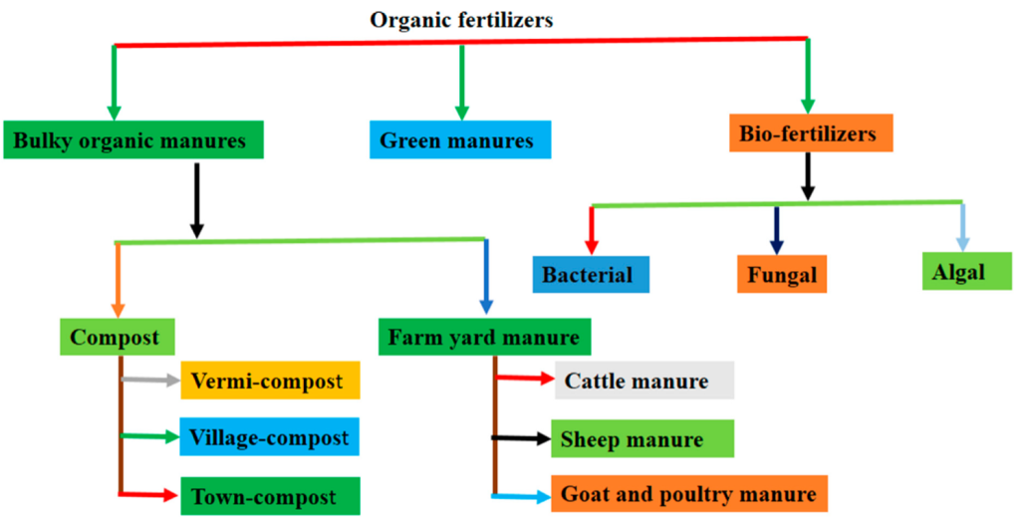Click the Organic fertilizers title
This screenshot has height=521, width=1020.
[x=461, y=20]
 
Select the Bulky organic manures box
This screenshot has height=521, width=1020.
[x=133, y=139]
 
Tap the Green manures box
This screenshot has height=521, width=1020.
[x=460, y=139]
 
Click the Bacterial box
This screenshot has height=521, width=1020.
[x=591, y=275]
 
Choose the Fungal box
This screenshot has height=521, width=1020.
[x=782, y=274]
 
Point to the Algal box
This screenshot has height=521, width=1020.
[x=967, y=271]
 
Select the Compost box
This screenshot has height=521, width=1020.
[x=118, y=337]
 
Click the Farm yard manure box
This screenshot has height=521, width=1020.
[x=485, y=337]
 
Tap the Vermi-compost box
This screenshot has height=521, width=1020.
[x=270, y=381]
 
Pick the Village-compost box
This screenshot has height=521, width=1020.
[x=270, y=437]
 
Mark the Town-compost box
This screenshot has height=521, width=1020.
[x=270, y=496]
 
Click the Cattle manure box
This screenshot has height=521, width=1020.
[x=644, y=381]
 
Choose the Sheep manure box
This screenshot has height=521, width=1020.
[x=642, y=439]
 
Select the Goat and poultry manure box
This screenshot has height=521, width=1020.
[x=689, y=494]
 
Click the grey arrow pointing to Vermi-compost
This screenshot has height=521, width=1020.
[x=150, y=380]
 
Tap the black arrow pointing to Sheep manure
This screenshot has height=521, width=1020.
[x=521, y=439]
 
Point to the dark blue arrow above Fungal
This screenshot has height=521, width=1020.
[x=776, y=230]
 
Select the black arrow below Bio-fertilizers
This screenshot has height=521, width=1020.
[x=807, y=176]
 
